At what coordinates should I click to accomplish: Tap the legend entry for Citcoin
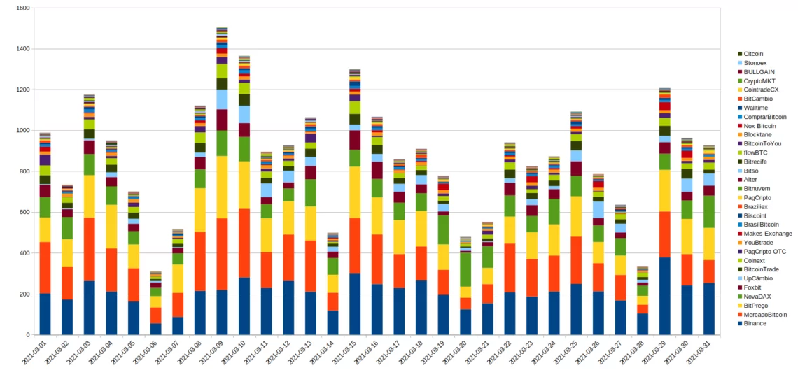pyautogui.click(x=753, y=54)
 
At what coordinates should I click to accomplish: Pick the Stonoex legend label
pyautogui.click(x=755, y=63)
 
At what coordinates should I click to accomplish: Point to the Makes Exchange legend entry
pyautogui.click(x=768, y=234)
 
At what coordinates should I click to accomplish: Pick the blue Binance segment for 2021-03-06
pyautogui.click(x=155, y=329)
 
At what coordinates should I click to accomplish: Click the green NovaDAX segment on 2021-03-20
pyautogui.click(x=465, y=269)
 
